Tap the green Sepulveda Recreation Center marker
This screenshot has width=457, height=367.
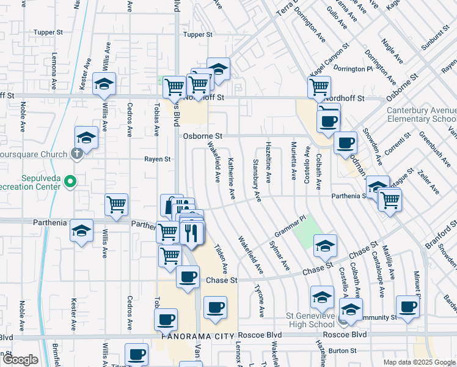point(70,182)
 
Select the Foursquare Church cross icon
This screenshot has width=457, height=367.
point(76,154)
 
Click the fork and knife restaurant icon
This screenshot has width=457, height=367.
point(192,233)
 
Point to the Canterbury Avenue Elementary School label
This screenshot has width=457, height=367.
point(422,115)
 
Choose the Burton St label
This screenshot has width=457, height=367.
point(342,350)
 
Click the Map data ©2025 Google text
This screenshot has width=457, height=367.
point(419,362)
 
